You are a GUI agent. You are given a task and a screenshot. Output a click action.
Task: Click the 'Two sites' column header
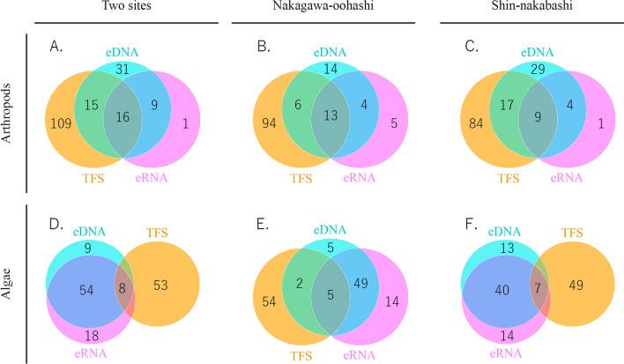[x=117, y=8]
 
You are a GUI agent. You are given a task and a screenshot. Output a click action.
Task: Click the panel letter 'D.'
[x=57, y=226]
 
